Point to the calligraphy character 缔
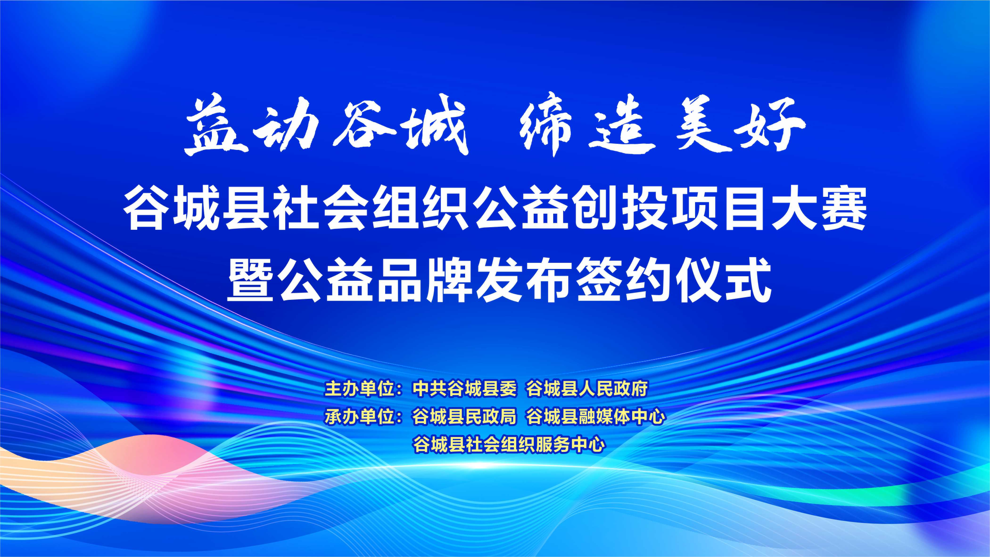tap(547, 125)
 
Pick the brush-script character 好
tap(771, 125)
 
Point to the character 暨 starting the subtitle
tap(251, 279)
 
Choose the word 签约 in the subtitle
tap(624, 279)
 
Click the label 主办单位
tap(360, 389)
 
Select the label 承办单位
tap(360, 416)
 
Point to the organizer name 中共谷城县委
tap(465, 389)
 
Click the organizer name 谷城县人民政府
tap(587, 389)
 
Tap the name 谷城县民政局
tap(465, 416)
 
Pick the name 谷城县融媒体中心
tap(596, 416)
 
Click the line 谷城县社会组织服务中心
tap(509, 444)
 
